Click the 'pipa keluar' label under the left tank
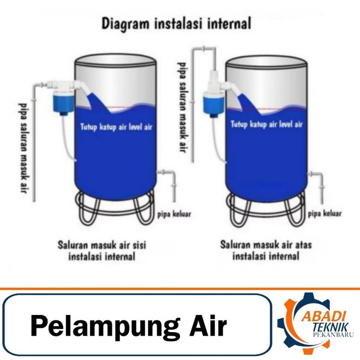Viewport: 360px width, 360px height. click(x=174, y=214)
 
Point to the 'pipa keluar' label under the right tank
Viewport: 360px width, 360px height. click(x=325, y=214)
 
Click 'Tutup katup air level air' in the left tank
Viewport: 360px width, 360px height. click(x=116, y=127)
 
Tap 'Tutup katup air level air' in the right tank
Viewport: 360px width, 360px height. click(x=267, y=124)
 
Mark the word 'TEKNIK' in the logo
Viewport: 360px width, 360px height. click(x=331, y=328)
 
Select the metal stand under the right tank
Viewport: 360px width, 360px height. click(x=265, y=208)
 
